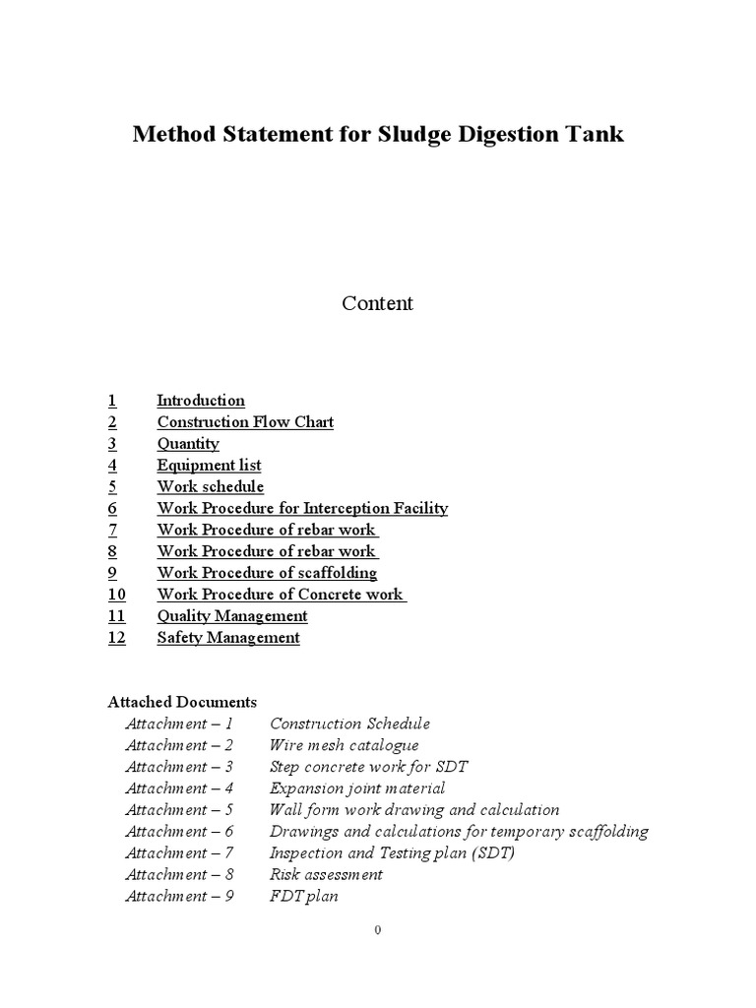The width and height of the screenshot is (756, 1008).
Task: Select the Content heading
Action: (x=377, y=303)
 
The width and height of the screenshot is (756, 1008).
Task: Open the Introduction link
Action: (x=201, y=401)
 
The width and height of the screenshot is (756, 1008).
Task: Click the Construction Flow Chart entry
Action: (x=245, y=422)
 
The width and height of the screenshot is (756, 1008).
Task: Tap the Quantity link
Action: (x=188, y=444)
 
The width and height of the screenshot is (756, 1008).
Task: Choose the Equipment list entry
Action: (x=209, y=466)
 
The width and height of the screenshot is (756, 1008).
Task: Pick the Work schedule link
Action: (x=211, y=487)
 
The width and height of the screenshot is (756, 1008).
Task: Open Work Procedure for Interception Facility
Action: (x=302, y=509)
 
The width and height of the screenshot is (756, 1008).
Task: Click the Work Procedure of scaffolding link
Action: (x=267, y=573)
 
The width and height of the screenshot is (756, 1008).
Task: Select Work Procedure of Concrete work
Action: (x=281, y=595)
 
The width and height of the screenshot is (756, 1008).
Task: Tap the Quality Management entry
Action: (x=232, y=616)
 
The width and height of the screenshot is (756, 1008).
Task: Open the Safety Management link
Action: (x=228, y=638)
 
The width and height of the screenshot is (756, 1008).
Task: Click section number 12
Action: (x=117, y=638)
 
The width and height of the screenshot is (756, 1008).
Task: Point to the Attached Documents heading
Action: (x=182, y=702)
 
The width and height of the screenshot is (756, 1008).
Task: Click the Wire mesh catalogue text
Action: (x=344, y=745)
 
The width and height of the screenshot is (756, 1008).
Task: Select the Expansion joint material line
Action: (x=357, y=788)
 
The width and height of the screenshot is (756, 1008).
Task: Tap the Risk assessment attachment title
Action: (x=326, y=874)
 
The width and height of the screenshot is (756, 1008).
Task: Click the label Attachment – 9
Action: (x=179, y=896)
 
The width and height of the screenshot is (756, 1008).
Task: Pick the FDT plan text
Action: (x=303, y=896)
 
